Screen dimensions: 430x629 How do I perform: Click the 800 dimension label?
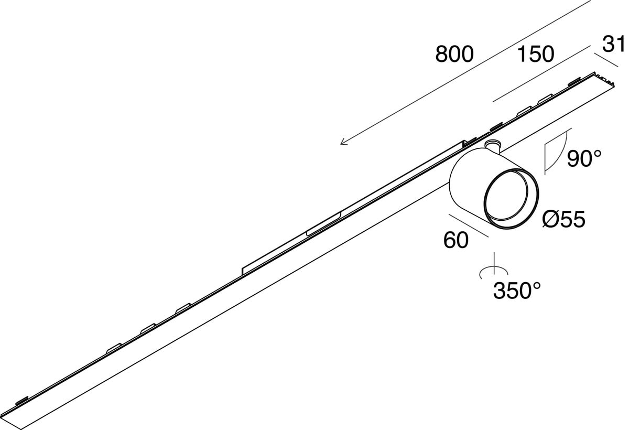point(454,54)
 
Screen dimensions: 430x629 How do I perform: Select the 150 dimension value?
point(535,54)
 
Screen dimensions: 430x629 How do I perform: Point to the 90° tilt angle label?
point(583,158)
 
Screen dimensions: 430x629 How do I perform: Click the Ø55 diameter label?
point(564,220)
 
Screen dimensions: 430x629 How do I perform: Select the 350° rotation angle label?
point(517,290)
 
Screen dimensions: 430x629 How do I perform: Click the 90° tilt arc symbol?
point(557,152)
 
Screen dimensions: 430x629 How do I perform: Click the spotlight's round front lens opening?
point(511,200)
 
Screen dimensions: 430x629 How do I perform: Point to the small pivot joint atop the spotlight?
point(492,146)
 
